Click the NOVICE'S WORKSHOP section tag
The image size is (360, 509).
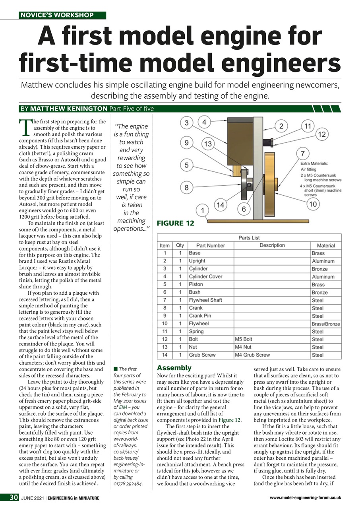click(x=57, y=15)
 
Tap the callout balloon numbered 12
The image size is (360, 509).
click(x=321, y=134)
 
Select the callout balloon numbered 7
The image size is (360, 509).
click(x=303, y=153)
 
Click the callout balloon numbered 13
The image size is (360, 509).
click(x=207, y=143)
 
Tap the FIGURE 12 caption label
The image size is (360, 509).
click(x=176, y=223)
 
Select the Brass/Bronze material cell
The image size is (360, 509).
click(x=325, y=324)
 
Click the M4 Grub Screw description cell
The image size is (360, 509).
click(x=252, y=355)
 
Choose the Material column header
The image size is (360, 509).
click(x=325, y=245)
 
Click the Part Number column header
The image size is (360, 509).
click(x=210, y=245)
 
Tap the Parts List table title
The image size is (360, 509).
click(x=249, y=237)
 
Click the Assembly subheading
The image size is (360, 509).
click(x=174, y=368)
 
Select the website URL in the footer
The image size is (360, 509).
click(x=305, y=497)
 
